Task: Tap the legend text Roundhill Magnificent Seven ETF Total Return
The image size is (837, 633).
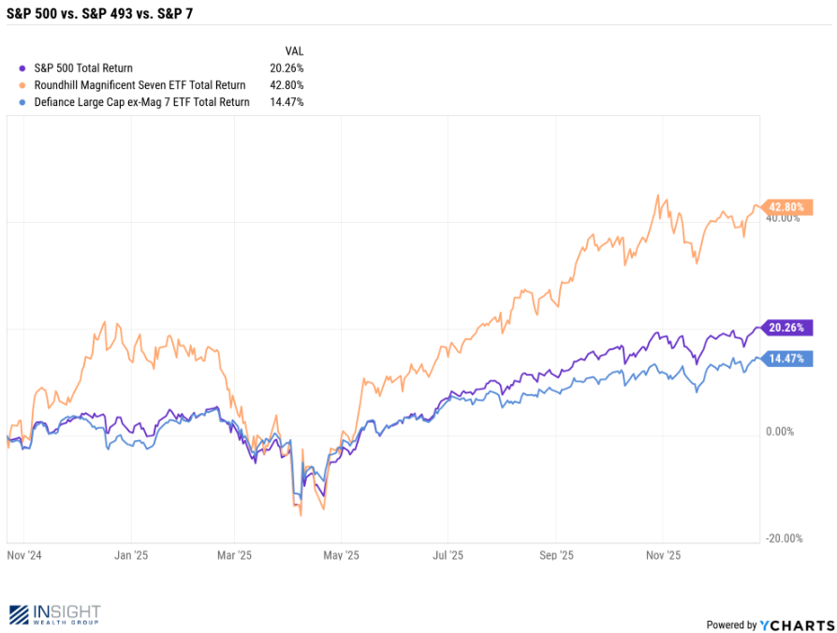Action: [139, 85]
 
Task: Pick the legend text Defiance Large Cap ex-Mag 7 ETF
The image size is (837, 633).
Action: [139, 102]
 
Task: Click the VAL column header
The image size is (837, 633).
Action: [294, 52]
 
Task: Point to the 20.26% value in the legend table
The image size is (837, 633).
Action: [286, 68]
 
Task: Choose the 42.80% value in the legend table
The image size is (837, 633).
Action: [286, 85]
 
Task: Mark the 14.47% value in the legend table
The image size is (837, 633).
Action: [286, 102]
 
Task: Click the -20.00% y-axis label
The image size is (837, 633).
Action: [783, 538]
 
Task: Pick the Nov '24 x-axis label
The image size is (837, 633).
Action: [23, 554]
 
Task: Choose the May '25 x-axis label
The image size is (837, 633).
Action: [342, 554]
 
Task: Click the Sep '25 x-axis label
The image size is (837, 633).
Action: [555, 554]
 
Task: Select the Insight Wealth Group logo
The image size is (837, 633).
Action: [54, 614]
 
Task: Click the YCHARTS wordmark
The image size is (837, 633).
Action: [798, 625]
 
